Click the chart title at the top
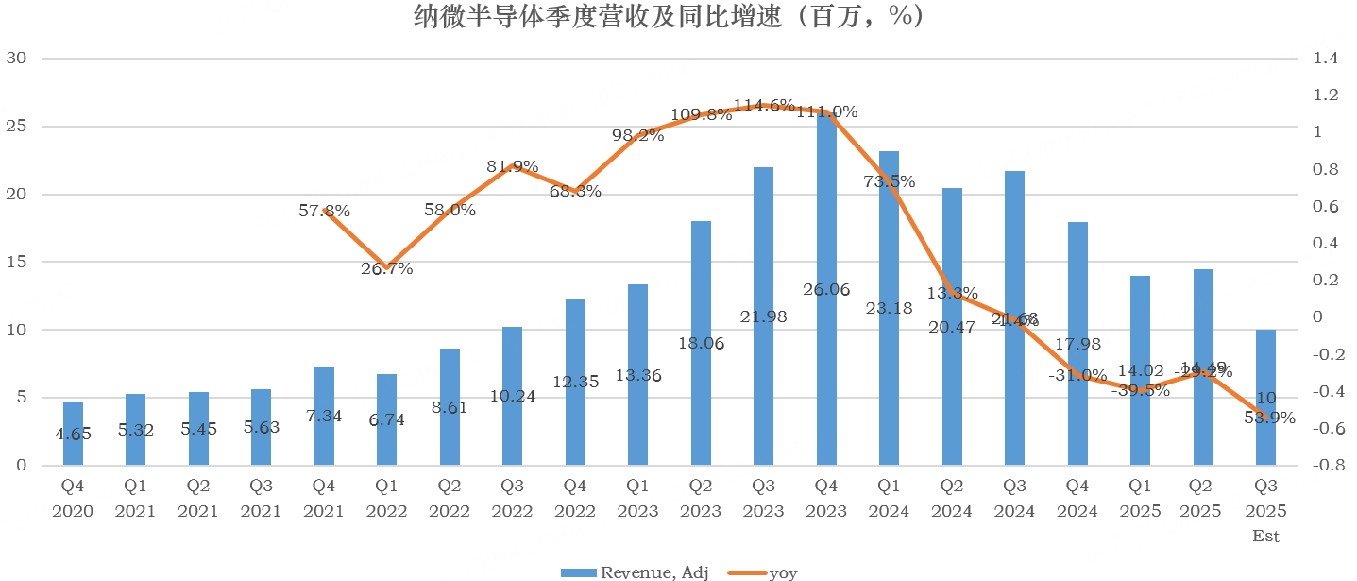pyautogui.click(x=668, y=16)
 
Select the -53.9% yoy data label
pyautogui.click(x=1264, y=418)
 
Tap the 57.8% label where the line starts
pyautogui.click(x=324, y=212)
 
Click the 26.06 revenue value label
pyautogui.click(x=826, y=289)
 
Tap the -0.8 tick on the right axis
pyautogui.click(x=1324, y=466)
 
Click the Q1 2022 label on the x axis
pyautogui.click(x=386, y=500)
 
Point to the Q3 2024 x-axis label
pyautogui.click(x=1014, y=500)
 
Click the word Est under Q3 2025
pyautogui.click(x=1264, y=537)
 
